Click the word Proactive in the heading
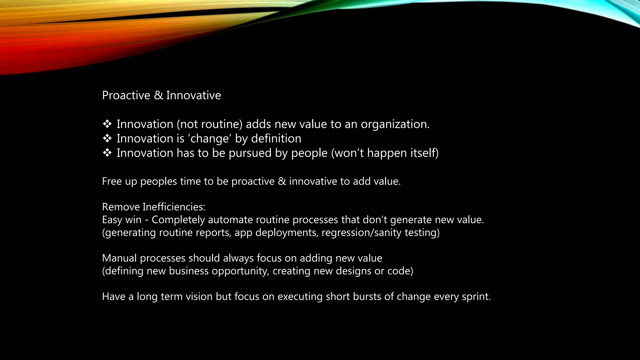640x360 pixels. (126, 95)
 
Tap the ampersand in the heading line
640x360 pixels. (158, 95)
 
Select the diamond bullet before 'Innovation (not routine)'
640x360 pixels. (107, 124)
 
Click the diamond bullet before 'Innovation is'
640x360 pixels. (107, 138)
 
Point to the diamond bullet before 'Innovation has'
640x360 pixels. (107, 153)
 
